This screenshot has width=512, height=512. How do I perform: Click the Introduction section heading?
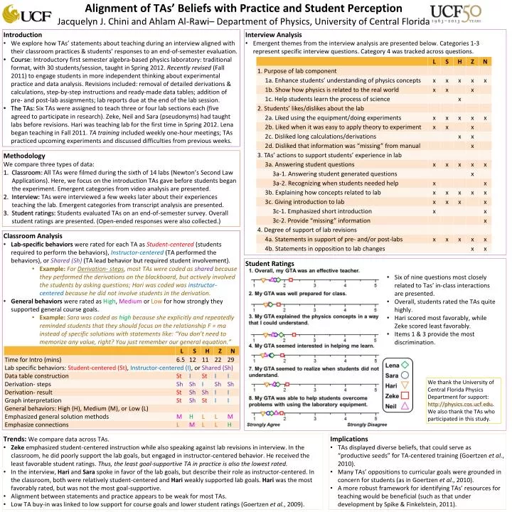(23, 33)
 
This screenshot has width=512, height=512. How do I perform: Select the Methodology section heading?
(24, 154)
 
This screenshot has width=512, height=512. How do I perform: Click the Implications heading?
(349, 439)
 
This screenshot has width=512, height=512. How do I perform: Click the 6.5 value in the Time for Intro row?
(181, 360)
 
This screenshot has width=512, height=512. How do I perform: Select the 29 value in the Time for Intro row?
(230, 360)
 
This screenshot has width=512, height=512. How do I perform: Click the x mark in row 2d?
(472, 145)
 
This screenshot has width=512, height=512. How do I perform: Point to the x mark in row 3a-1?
(472, 174)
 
